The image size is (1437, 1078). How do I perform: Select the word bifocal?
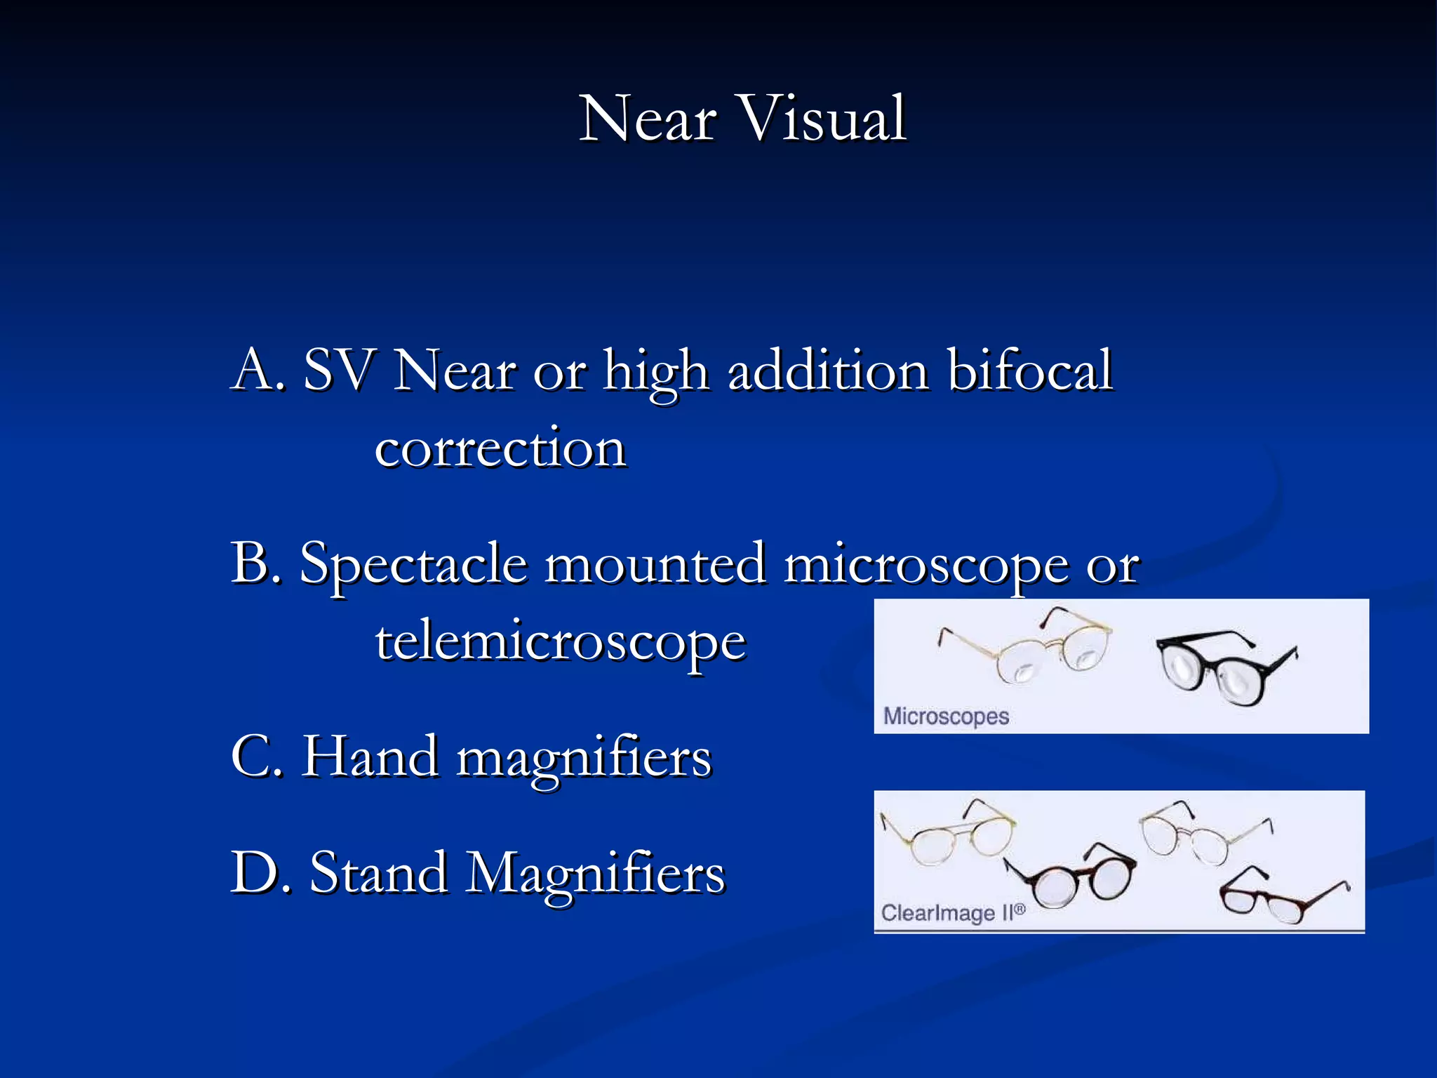(x=1029, y=370)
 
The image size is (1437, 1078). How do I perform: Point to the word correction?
(x=500, y=448)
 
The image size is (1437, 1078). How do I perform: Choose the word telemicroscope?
(x=561, y=642)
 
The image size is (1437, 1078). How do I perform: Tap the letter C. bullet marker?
(x=258, y=757)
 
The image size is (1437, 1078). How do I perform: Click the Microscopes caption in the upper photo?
(x=946, y=717)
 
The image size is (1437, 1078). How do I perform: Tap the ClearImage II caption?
(x=952, y=912)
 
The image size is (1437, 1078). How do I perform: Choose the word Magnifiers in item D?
(x=596, y=874)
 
